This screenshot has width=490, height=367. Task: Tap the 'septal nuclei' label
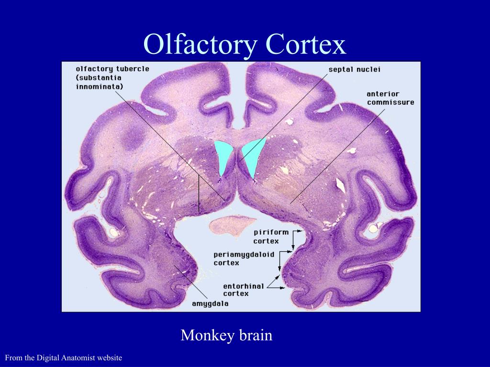354,69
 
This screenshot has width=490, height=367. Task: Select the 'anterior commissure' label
390,98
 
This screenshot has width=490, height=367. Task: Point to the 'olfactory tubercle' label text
112,68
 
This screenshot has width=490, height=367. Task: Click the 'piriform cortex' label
271,237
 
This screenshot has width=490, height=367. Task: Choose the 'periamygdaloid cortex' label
244,259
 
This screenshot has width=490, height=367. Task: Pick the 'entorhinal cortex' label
244,290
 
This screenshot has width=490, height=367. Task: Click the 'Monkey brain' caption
226,335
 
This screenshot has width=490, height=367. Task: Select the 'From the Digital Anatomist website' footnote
64,357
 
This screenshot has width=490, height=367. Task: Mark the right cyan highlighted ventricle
252,156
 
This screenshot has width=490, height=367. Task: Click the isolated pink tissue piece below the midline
232,225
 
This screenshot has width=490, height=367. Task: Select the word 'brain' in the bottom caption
256,335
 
